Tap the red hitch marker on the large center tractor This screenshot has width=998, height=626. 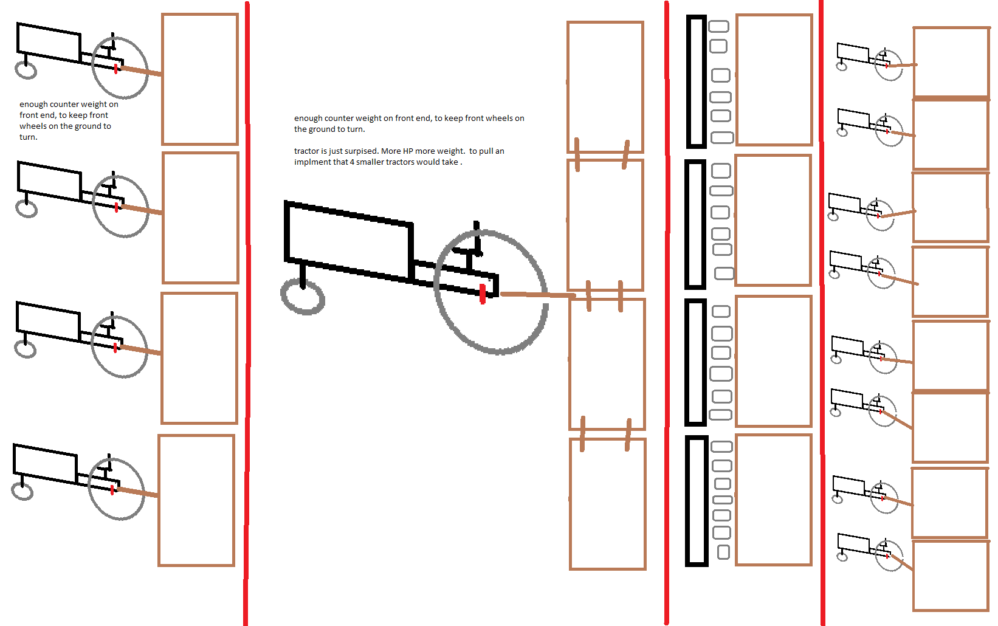pos(483,294)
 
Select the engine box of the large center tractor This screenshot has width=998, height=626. pos(349,241)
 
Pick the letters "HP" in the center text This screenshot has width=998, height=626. pos(407,151)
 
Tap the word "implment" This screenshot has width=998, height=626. pos(312,162)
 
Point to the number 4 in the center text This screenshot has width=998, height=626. pos(352,162)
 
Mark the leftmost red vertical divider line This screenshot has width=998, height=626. pos(247,313)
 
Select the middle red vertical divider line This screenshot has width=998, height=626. pos(667,313)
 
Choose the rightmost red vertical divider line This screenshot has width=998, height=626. pos(822,313)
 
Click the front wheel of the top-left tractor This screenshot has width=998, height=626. pos(26,70)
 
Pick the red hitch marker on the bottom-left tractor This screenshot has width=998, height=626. pos(112,490)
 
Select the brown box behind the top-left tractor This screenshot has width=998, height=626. pos(200,79)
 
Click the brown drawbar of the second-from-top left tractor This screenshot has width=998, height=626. pos(142,210)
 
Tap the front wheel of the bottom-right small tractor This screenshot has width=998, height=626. pos(842,557)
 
